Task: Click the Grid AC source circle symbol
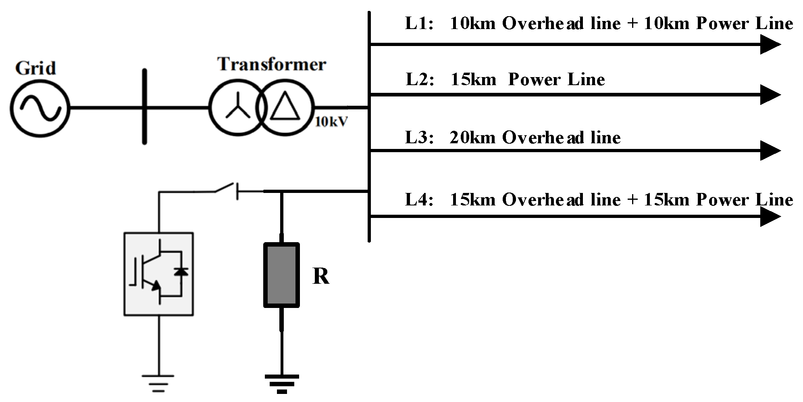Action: (40, 108)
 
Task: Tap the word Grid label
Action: (35, 68)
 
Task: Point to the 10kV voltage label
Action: (331, 122)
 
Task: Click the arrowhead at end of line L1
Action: (770, 44)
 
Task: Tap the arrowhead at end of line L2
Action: (770, 95)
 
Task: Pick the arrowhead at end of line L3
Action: (770, 151)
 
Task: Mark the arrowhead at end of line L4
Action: (770, 217)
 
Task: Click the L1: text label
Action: (419, 24)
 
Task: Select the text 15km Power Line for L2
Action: (528, 80)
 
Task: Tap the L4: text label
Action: (419, 200)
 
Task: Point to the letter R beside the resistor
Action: (321, 277)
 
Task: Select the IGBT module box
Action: (158, 274)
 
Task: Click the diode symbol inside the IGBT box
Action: (180, 272)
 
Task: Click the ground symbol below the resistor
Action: (282, 383)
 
